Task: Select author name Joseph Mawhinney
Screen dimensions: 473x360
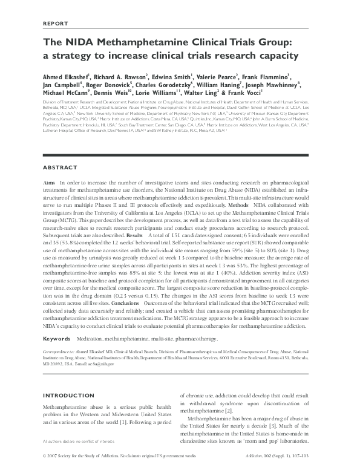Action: [x=284, y=86]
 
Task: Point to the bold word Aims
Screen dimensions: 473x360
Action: [x=50, y=182]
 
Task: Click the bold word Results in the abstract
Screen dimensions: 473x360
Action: [x=135, y=235]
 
